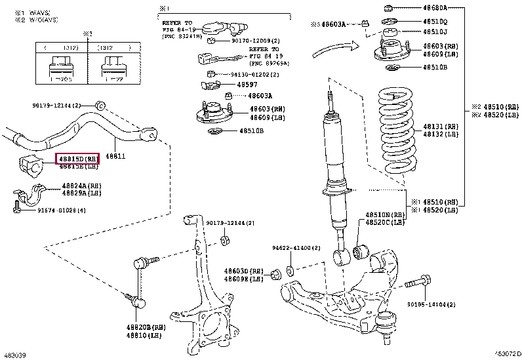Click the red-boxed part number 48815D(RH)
tap(79, 159)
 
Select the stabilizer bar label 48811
tap(115, 156)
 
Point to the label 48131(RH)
tap(436, 125)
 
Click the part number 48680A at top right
tap(434, 8)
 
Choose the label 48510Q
tap(434, 21)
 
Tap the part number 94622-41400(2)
tap(296, 248)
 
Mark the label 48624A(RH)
tap(80, 186)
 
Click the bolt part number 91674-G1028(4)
tap(62, 210)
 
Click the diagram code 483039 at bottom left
tap(15, 355)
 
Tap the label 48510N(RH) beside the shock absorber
tap(387, 214)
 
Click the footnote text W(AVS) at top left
tap(39, 13)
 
